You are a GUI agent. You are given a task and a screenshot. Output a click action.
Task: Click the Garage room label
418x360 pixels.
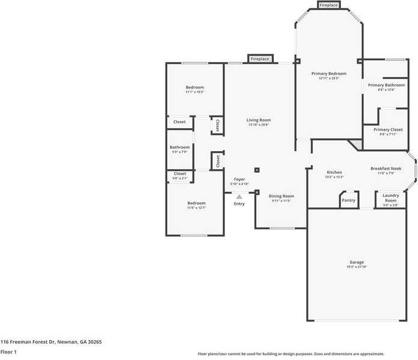[x=357, y=262]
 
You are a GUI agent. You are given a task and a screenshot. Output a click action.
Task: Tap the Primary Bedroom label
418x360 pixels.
[x=328, y=73]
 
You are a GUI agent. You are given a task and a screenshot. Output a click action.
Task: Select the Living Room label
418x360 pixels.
[x=259, y=120]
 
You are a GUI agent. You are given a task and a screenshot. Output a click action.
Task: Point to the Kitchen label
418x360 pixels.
[x=334, y=172]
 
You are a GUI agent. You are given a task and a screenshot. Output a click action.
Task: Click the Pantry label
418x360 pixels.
[x=348, y=200]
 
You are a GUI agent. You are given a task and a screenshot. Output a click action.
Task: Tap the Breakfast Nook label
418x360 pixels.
[x=386, y=169]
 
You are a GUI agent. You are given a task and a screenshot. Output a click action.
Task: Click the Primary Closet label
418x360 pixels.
[x=388, y=129]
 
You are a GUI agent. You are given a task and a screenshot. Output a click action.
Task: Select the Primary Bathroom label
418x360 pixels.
[x=386, y=85]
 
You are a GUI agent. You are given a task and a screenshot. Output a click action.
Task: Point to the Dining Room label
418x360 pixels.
[x=281, y=196]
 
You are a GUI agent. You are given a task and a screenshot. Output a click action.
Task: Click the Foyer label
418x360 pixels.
[x=239, y=179]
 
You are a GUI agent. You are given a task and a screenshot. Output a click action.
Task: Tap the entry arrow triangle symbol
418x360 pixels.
[x=239, y=196]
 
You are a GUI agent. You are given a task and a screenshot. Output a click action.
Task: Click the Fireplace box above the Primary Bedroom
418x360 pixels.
[x=328, y=5]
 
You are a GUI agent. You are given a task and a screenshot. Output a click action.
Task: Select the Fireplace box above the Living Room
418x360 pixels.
[x=259, y=59]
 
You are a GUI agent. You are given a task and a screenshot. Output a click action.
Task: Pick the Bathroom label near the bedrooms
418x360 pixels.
[x=179, y=147]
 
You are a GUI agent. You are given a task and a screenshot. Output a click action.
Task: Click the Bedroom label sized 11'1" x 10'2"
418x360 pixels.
[x=194, y=87]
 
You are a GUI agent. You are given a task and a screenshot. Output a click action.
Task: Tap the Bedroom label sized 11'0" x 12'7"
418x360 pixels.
[x=196, y=203]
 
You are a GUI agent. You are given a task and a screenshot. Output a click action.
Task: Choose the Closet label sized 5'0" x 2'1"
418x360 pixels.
[x=179, y=174]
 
